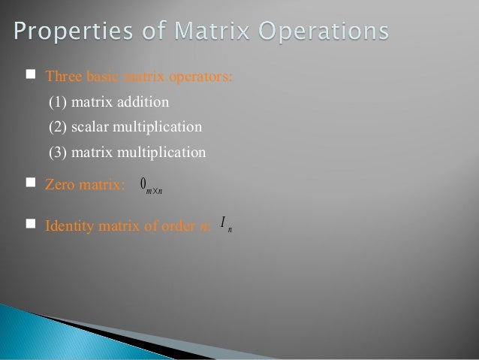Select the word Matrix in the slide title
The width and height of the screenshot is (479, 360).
(200, 32)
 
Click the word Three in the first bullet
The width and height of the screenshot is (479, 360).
(62, 76)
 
